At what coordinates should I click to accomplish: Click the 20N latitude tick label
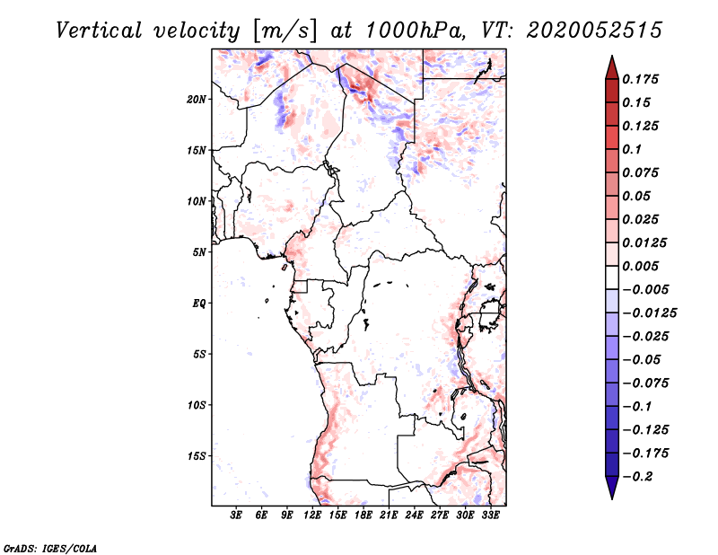pyautogui.click(x=197, y=100)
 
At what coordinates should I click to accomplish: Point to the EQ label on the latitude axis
pyautogui.click(x=199, y=304)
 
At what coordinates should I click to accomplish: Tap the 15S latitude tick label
pyautogui.click(x=197, y=456)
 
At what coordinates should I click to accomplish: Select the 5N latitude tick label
pyautogui.click(x=199, y=252)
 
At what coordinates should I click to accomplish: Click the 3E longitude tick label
pyautogui.click(x=236, y=515)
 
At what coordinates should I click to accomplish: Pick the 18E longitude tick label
pyautogui.click(x=363, y=515)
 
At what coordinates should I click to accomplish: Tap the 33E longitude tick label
pyautogui.click(x=490, y=515)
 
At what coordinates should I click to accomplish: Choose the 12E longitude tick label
pyautogui.click(x=312, y=515)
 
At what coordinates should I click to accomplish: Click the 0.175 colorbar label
pyautogui.click(x=640, y=79)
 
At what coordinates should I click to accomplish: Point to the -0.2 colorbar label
pyautogui.click(x=637, y=477)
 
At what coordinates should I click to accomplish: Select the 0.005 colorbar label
pyautogui.click(x=640, y=266)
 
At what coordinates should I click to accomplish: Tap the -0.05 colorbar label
pyautogui.click(x=641, y=360)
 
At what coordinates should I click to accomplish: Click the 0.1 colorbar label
pyautogui.click(x=632, y=149)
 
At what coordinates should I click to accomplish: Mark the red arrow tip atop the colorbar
pyautogui.click(x=612, y=56)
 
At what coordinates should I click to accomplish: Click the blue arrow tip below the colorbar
pyautogui.click(x=612, y=498)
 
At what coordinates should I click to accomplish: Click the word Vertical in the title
pyautogui.click(x=99, y=31)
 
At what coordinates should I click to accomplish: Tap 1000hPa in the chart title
pyautogui.click(x=414, y=31)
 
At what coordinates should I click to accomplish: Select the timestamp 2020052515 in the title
pyautogui.click(x=594, y=31)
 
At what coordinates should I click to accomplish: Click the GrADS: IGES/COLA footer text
pyautogui.click(x=50, y=549)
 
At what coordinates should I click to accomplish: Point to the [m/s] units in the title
pyautogui.click(x=285, y=31)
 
